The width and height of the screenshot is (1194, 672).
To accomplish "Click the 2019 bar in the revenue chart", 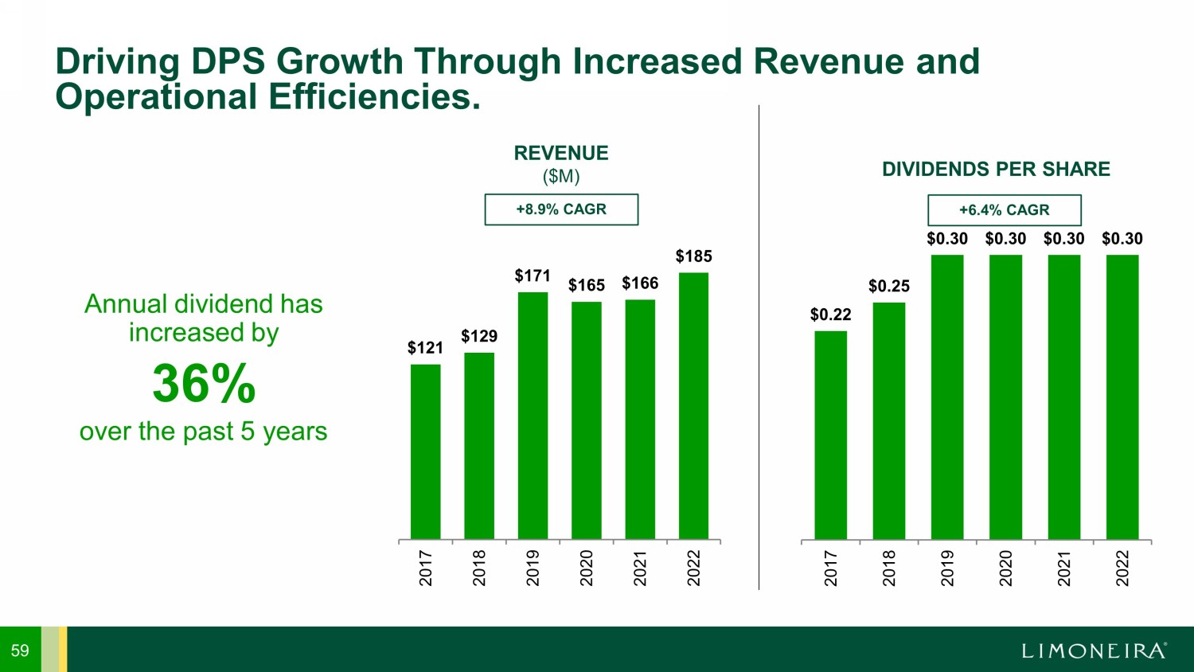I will (533, 416).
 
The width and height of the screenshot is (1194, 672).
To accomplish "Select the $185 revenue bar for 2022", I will (693, 406).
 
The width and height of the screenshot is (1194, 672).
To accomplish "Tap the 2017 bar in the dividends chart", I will (830, 435).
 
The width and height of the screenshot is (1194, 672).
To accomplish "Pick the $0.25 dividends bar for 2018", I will (888, 420).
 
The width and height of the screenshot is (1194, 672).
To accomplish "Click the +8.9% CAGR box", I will (561, 209).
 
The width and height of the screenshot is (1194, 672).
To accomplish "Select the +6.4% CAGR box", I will (1004, 210).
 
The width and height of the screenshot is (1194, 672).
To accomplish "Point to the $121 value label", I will (425, 348).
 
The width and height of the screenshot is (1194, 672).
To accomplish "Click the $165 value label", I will (587, 285).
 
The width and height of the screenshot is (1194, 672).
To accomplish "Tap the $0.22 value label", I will (830, 315).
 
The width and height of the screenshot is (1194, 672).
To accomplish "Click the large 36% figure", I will (204, 384).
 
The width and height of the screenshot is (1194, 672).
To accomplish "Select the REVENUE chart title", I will (561, 153).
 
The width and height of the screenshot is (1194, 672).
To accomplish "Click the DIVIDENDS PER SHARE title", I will (996, 169).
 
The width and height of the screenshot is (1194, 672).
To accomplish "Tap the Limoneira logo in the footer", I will (1094, 651).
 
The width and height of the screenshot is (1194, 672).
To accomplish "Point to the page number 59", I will (20, 651).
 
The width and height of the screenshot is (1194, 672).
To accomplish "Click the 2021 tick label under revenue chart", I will (640, 568).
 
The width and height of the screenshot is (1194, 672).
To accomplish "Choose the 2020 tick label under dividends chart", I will (1005, 568).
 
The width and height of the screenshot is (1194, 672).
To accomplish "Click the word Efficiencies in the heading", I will (374, 97).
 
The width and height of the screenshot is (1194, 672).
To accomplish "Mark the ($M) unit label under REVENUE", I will (561, 176).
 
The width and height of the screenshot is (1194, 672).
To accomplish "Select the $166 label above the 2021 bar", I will (640, 283).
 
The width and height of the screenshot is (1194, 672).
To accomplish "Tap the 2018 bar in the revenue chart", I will (479, 446).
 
